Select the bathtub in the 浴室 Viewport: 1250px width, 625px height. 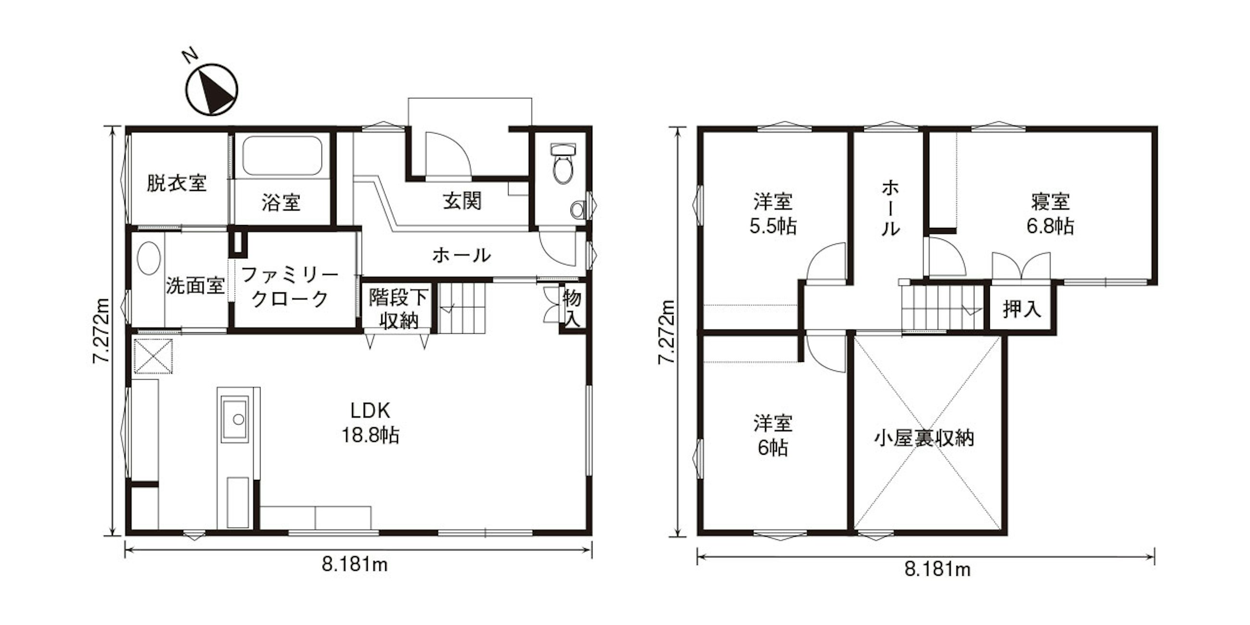283,155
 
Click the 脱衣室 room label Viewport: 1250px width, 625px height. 176,183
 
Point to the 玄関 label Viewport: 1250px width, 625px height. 462,200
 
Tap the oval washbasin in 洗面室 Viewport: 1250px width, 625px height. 149,258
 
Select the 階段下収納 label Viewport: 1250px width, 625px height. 399,309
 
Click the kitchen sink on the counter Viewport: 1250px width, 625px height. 235,419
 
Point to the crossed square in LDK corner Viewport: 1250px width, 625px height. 153,357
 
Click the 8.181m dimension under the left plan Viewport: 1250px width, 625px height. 355,564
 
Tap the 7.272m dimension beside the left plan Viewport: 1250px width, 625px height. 101,330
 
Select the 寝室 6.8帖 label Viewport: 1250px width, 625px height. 1050,214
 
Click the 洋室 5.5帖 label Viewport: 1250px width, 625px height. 774,214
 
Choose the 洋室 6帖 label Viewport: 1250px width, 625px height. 774,435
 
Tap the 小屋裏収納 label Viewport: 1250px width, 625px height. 925,438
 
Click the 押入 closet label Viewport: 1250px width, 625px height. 1023,309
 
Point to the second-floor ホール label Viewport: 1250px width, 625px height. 890,208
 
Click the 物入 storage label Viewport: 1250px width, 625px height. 572,308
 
